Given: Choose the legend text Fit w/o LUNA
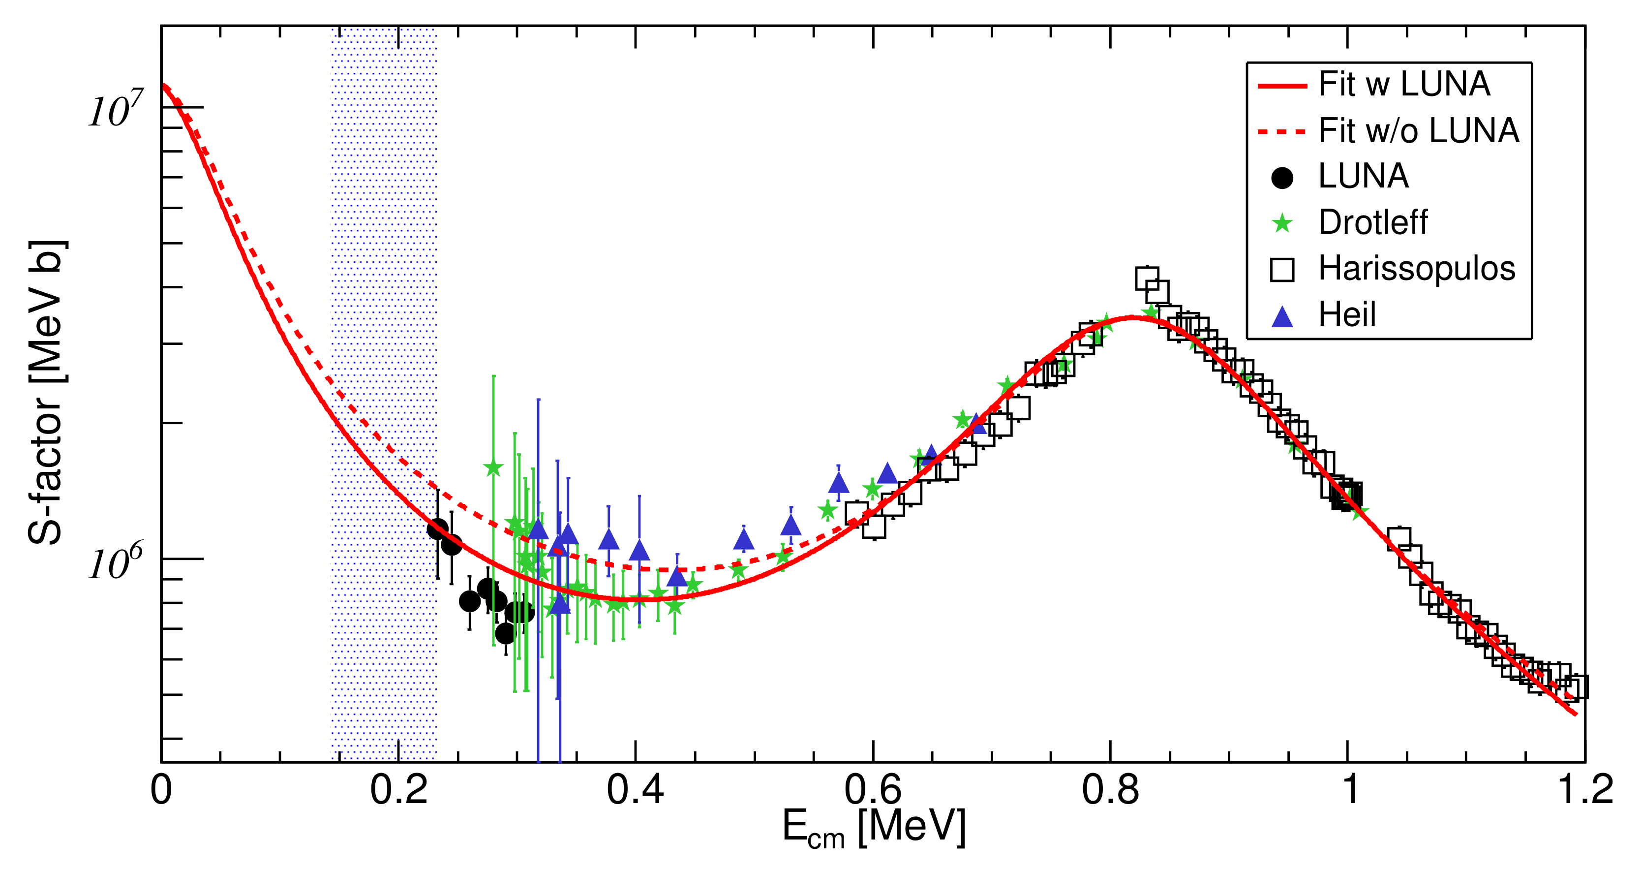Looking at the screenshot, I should (x=1419, y=131).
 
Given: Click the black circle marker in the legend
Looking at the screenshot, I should (x=1282, y=177).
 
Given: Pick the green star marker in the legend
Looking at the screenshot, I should (x=1282, y=223).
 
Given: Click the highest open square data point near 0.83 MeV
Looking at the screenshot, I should (x=1147, y=279).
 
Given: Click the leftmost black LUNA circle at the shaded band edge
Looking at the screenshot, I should (x=437, y=529).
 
